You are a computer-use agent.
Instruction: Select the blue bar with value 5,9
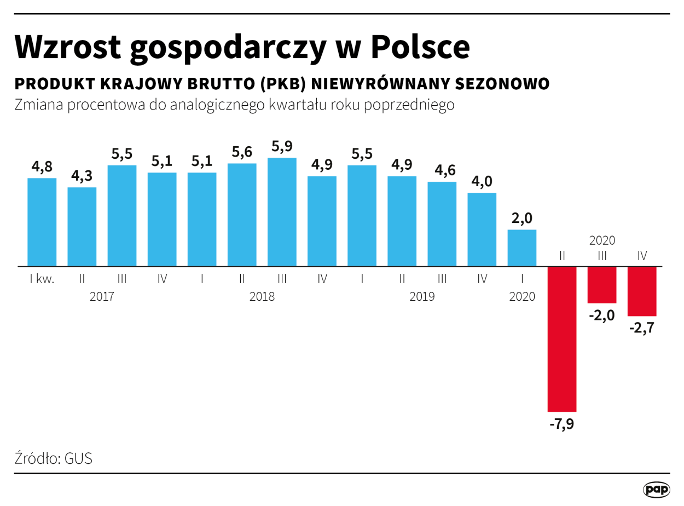tap(282, 212)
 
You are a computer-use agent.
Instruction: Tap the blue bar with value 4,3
tap(82, 227)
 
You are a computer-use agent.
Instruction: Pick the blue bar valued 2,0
tap(522, 248)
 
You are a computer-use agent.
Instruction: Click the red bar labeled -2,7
tap(642, 291)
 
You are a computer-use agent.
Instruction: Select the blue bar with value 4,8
tap(42, 222)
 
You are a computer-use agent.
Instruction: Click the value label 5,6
tap(242, 152)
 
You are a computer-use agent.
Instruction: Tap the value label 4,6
tap(442, 170)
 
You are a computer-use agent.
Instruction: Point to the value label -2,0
tap(602, 315)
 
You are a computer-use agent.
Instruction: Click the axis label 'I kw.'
tap(42, 279)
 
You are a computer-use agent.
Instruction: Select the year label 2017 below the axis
tap(102, 297)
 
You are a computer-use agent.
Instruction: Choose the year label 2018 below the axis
tap(262, 297)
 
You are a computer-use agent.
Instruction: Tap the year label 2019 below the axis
tap(422, 297)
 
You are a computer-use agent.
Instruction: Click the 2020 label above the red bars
tap(602, 240)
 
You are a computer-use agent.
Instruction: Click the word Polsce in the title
tap(420, 47)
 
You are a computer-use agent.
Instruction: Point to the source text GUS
tap(78, 458)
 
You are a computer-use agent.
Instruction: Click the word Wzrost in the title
tap(68, 47)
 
